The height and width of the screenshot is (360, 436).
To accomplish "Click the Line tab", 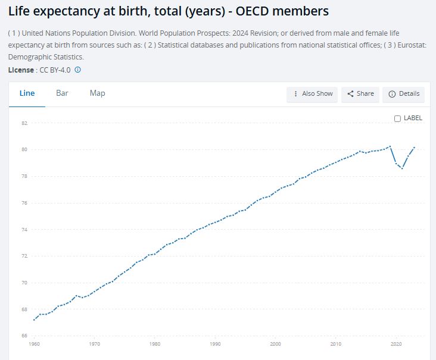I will point(27,93).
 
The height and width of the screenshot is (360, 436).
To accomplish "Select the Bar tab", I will point(62,93).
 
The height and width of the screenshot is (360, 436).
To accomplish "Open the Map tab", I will point(97,93).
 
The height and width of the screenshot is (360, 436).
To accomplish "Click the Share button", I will point(360,94).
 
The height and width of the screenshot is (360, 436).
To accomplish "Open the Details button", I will point(404,94).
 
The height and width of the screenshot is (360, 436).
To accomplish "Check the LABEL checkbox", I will point(398,118).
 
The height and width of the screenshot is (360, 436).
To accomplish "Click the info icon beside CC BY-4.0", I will point(77,70).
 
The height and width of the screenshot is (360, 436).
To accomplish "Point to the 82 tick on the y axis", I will point(24,123).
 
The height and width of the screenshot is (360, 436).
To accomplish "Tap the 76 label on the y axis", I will point(24,203).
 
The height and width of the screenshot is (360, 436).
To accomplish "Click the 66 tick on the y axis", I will point(24,336).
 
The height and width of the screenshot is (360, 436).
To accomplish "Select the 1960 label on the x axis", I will point(35,344).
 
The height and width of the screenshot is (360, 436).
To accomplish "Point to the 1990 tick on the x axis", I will point(215,344).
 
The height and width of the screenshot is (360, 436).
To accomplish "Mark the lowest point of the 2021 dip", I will point(402,168).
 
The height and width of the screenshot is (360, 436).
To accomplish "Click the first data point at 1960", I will point(35,320).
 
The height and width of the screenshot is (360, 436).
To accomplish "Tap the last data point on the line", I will point(414,147).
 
